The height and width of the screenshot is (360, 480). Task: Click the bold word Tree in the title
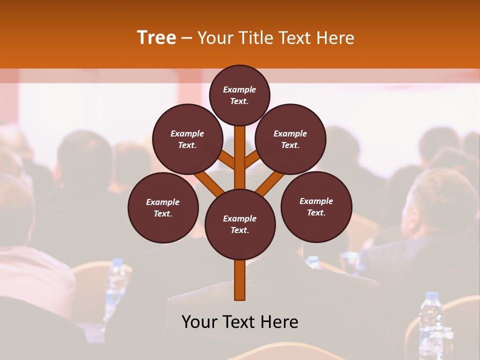[156, 37]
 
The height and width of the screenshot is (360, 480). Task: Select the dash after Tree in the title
[186, 38]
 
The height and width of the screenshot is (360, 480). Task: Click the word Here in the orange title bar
[335, 37]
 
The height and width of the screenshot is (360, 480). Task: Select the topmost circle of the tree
[239, 95]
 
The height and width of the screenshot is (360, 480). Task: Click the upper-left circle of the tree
[187, 139]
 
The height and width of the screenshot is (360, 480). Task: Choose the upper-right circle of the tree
[290, 139]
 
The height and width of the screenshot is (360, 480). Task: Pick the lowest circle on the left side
[163, 207]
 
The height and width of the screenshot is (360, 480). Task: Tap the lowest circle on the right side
[316, 206]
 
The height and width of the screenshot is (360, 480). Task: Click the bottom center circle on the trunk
[240, 224]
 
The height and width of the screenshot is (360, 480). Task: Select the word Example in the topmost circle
[239, 90]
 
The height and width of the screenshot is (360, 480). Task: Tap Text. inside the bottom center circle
[240, 230]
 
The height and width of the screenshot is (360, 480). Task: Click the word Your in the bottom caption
[199, 322]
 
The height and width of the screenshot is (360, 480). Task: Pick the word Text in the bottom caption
[241, 322]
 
